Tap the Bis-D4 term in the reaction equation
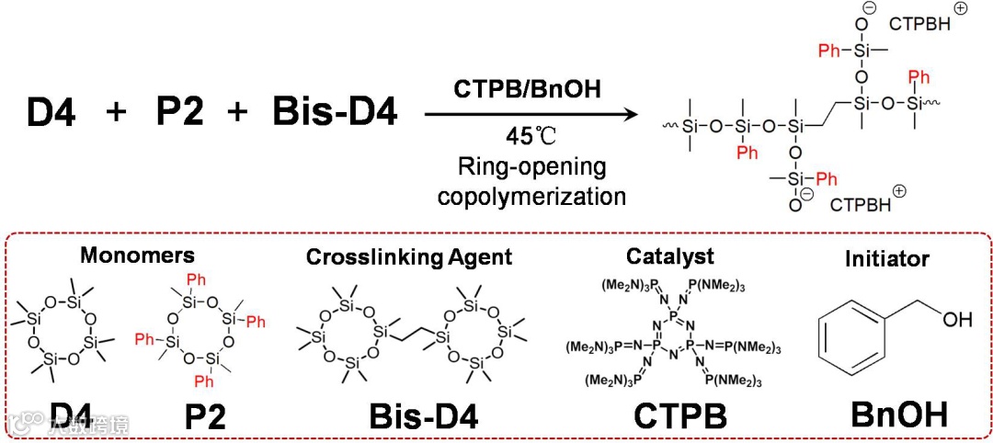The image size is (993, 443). [335, 114]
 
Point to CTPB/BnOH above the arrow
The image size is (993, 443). [528, 90]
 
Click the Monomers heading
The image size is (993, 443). [137, 254]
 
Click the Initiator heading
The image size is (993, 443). [886, 260]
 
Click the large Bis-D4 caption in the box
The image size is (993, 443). [424, 415]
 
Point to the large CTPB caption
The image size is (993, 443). [680, 415]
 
